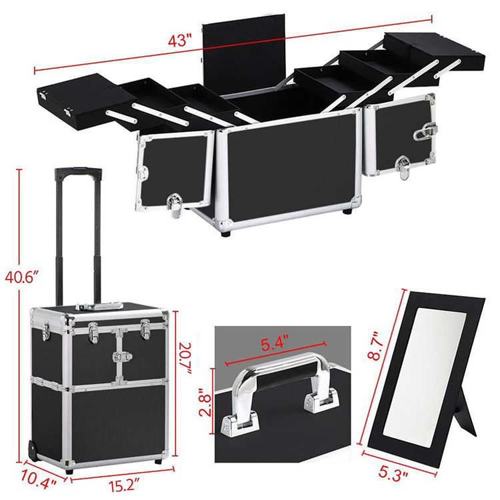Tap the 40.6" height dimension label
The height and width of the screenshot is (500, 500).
tap(22, 276)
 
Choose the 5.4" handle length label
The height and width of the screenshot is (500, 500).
tap(275, 344)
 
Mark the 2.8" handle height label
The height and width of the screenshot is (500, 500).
tap(206, 402)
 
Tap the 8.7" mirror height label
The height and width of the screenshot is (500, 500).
tap(375, 346)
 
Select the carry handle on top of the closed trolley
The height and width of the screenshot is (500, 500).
tap(99, 307)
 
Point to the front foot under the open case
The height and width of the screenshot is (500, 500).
tap(226, 234)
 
